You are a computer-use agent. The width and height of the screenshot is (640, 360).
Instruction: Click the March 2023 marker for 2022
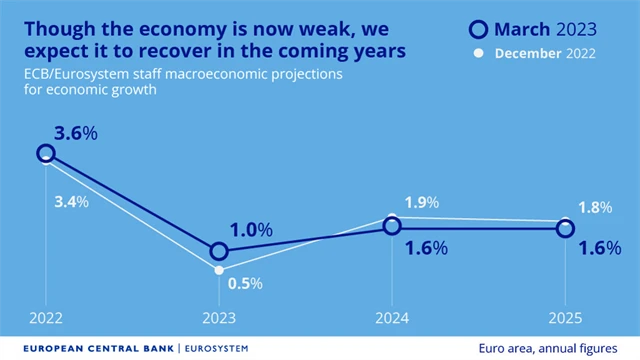point(46,153)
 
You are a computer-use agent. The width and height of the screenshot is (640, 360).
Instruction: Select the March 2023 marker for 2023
point(219,251)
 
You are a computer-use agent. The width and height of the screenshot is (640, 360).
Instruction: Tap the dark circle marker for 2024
point(392,228)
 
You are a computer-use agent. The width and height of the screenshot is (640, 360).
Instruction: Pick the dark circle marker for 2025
point(565,229)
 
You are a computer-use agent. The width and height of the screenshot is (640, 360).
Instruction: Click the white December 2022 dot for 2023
point(219,270)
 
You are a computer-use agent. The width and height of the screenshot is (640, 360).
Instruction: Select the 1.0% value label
point(250,230)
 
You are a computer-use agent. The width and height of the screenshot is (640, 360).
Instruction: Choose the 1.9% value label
point(420,202)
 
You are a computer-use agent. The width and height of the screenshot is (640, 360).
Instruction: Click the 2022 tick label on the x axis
point(46,320)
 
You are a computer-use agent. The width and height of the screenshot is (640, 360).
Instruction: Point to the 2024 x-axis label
point(392,320)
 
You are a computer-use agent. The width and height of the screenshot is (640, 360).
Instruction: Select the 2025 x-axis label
point(565,320)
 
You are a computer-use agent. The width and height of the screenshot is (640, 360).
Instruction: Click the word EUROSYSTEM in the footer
point(216,348)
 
